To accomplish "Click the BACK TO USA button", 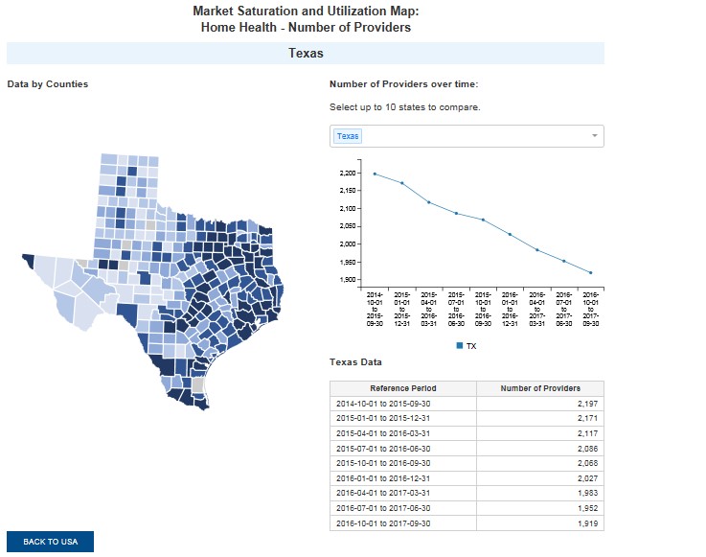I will (x=50, y=542).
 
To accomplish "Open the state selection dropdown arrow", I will (x=594, y=136).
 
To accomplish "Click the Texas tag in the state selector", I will (x=348, y=136).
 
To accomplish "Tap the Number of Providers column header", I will (x=541, y=388).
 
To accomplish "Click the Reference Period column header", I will (x=402, y=388).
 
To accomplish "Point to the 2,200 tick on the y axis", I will (x=348, y=174).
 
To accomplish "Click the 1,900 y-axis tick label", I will (x=348, y=279).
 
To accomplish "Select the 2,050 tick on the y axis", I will (x=348, y=226).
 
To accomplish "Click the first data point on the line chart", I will (x=375, y=174).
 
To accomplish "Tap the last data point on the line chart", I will (x=590, y=273).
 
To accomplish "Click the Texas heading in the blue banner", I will (x=306, y=54).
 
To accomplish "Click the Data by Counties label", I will (x=48, y=84).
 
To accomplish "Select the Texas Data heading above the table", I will (x=355, y=362).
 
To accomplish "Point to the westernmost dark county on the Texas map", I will (x=27, y=259).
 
